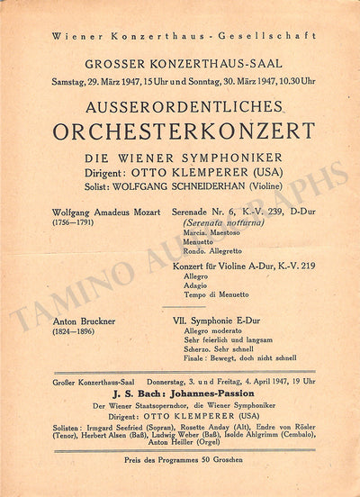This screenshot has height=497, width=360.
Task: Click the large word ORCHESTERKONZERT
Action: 180,130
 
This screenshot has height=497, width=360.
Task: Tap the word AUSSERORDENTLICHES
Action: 180,106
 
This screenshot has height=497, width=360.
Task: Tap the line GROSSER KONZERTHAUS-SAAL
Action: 181,64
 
